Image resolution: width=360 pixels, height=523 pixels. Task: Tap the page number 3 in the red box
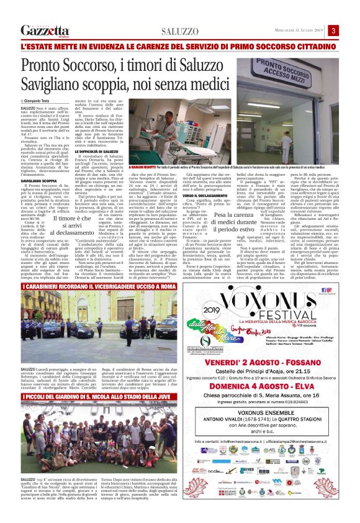[x=333, y=30]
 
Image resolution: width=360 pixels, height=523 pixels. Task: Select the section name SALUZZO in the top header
[x=179, y=31]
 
